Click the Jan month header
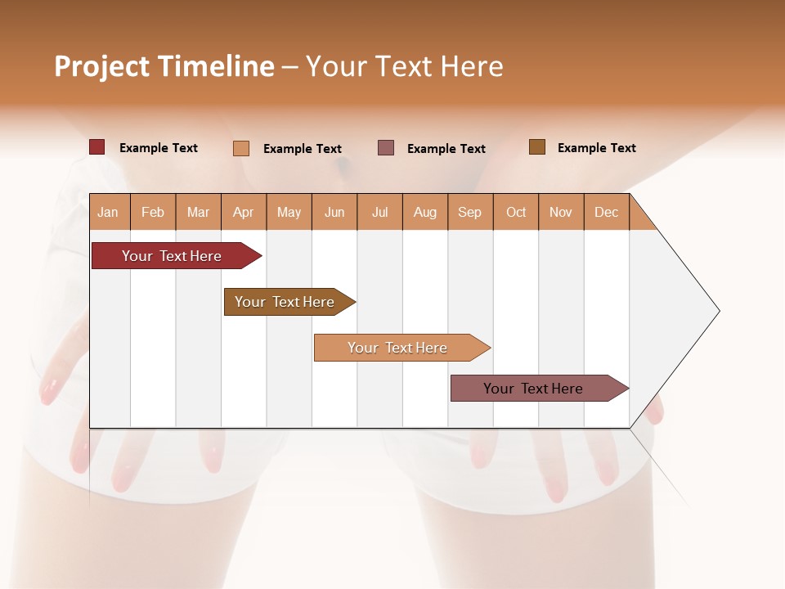coord(109,213)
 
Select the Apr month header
coord(244,213)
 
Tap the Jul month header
coord(380,213)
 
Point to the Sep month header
coord(470,213)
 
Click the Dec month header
coord(606,213)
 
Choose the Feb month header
coord(153,213)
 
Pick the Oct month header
coord(516,213)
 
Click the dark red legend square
coord(97,147)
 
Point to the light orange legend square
coord(241,148)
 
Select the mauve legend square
coord(386,148)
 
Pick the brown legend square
coord(536,147)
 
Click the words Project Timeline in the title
coord(164,66)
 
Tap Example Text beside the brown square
coord(596,148)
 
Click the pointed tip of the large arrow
coord(716,311)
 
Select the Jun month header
coord(334,213)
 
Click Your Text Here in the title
coord(405,66)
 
